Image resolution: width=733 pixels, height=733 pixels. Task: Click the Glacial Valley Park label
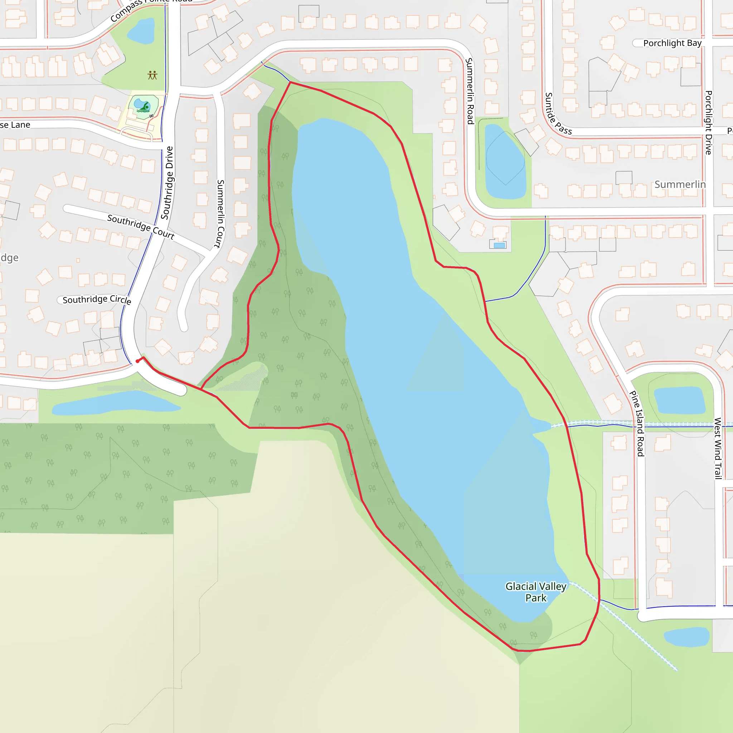pos(536,592)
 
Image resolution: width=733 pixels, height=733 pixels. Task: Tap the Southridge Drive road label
pos(167,183)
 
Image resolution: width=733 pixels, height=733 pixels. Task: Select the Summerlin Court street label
pos(220,214)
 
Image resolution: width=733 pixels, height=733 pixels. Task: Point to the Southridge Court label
pos(141,227)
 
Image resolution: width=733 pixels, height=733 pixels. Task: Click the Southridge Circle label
pos(97,299)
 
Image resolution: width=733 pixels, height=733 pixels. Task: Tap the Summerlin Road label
pos(470,91)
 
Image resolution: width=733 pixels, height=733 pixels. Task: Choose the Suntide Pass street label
pos(557,114)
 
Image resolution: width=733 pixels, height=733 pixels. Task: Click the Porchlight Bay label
pos(672,43)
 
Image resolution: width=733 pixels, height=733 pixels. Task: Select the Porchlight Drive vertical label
pos(708,122)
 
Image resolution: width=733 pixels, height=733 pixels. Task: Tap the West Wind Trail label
pos(718,448)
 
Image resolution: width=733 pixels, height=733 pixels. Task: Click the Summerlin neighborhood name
pos(680,184)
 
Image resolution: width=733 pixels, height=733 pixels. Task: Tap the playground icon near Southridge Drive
pos(152,75)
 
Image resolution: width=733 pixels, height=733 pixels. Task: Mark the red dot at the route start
pos(137,361)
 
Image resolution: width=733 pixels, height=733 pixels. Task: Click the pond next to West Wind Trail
pos(679,400)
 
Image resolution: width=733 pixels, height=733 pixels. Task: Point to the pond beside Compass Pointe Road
pos(141,31)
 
